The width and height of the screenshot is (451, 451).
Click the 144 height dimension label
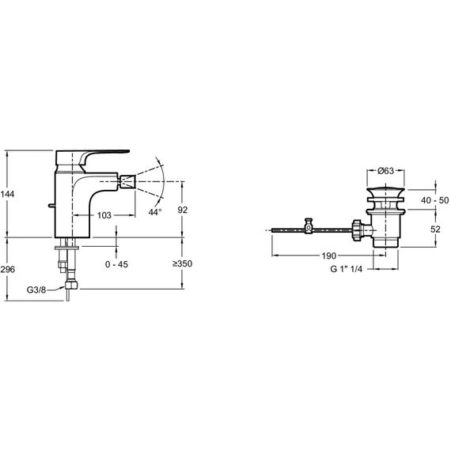coord(7,194)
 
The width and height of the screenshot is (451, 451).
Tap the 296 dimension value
coord(7,270)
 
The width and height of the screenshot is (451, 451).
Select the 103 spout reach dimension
coord(104,215)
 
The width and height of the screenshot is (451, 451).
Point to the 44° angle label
coord(155,212)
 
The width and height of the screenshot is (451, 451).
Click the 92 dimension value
coord(183,210)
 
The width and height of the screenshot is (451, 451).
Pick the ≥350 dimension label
coord(182,263)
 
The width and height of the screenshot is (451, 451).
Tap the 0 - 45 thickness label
coord(116,264)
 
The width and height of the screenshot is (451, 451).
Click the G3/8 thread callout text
coord(36,290)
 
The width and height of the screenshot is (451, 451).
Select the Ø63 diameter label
coord(385,171)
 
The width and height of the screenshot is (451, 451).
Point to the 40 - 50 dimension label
coord(434,200)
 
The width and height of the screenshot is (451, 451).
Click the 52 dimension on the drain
coord(435,229)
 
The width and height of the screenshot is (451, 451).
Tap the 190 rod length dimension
coord(329,256)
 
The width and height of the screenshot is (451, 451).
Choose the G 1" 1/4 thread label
coord(347,269)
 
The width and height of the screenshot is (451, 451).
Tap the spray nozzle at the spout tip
coord(127,181)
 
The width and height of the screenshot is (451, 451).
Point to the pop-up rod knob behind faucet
coord(51,206)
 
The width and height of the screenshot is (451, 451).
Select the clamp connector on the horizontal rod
coord(309,225)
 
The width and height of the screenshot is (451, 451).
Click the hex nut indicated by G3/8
coord(71,285)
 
